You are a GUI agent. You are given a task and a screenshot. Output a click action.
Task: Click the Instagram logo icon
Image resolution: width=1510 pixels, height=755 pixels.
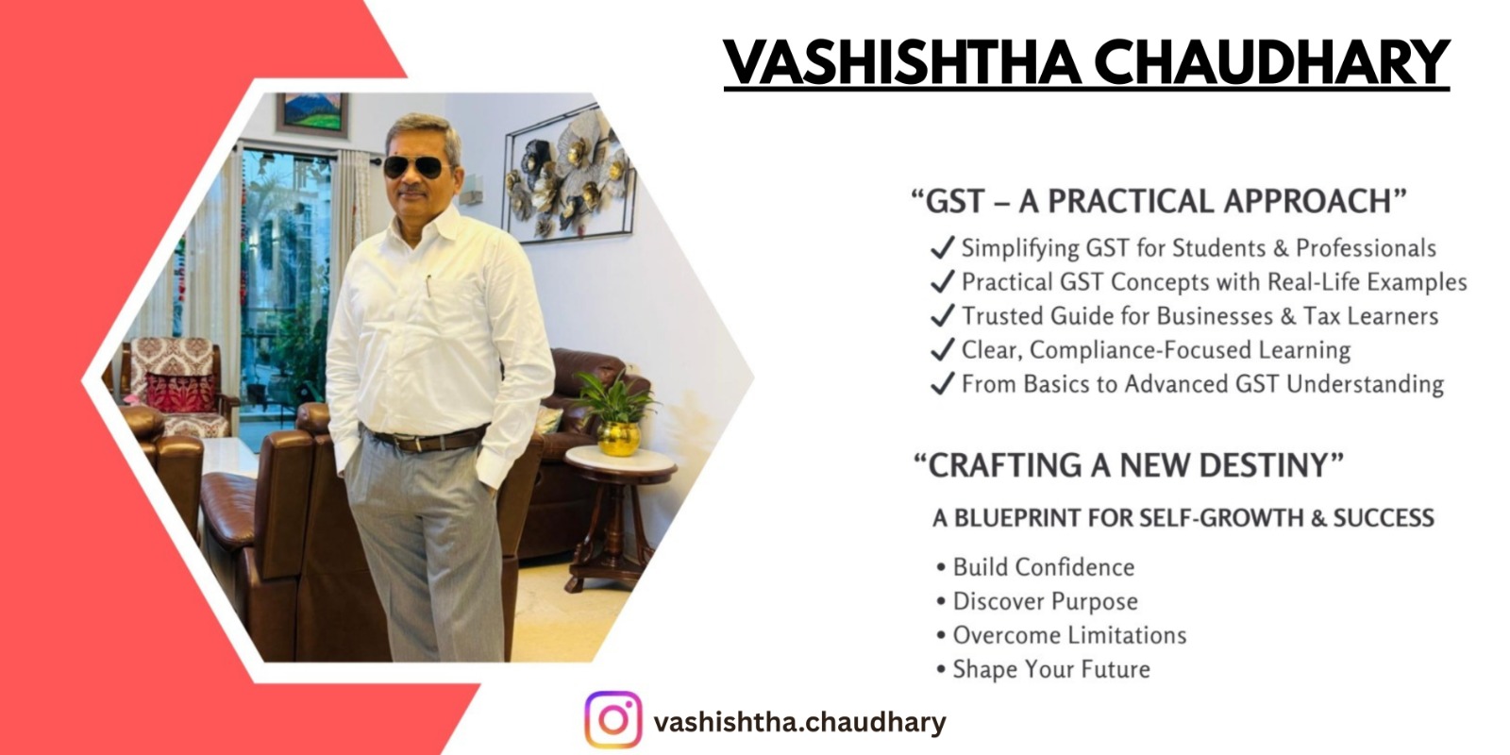pyautogui.click(x=612, y=719)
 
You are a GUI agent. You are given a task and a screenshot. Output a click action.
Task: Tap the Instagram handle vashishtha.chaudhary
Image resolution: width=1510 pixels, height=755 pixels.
pyautogui.click(x=800, y=722)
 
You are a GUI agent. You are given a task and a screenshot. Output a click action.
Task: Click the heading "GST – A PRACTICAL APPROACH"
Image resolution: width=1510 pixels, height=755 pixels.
pyautogui.click(x=1159, y=201)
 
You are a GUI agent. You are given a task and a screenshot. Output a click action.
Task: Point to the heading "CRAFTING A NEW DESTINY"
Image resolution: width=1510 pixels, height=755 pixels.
pyautogui.click(x=1128, y=465)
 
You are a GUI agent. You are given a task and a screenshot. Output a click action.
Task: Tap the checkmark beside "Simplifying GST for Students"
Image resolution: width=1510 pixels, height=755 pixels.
pyautogui.click(x=943, y=247)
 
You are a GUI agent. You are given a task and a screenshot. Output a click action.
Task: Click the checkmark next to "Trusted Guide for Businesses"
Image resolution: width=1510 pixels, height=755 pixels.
pyautogui.click(x=943, y=315)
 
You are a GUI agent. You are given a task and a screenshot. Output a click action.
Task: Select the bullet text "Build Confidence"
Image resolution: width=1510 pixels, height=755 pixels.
pyautogui.click(x=1044, y=567)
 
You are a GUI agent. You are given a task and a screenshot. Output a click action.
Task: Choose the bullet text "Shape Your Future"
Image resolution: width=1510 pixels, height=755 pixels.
pyautogui.click(x=1051, y=669)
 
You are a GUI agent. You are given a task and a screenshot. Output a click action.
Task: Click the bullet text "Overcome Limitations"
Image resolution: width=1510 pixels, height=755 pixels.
pyautogui.click(x=1069, y=635)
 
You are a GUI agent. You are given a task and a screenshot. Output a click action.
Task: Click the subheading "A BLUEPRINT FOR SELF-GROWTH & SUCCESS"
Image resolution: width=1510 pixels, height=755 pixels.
pyautogui.click(x=1183, y=518)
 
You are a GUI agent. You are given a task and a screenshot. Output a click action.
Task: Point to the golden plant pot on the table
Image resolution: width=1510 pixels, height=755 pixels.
pyautogui.click(x=618, y=438)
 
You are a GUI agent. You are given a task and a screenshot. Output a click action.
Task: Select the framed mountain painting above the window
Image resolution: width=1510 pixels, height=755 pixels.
pyautogui.click(x=312, y=113)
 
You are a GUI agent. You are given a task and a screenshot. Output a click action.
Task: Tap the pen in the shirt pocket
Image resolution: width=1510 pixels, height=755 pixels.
pyautogui.click(x=428, y=285)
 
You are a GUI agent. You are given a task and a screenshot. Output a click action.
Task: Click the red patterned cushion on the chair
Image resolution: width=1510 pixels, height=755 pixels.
pyautogui.click(x=180, y=391)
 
